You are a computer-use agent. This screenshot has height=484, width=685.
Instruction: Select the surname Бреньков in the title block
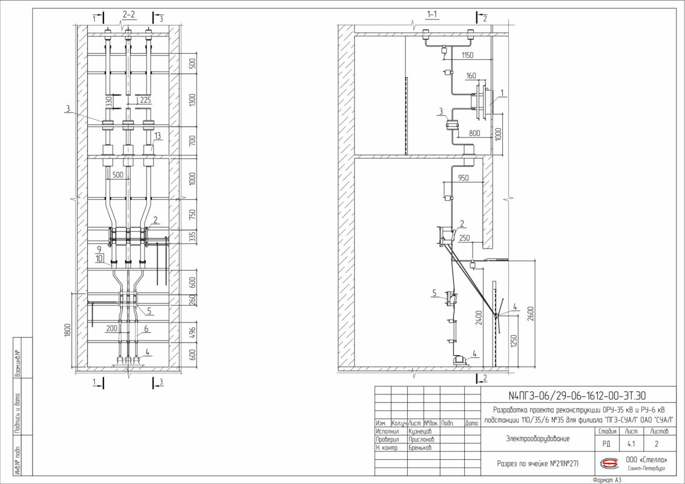[422, 448]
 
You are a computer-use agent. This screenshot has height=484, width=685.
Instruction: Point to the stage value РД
[606, 443]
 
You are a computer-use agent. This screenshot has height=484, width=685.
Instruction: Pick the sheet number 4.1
[631, 443]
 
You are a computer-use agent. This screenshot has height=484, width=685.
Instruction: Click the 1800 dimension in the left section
[68, 330]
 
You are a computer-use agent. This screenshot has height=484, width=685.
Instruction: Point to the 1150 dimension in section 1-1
[467, 55]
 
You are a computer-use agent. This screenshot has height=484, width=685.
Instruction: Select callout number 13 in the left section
[157, 136]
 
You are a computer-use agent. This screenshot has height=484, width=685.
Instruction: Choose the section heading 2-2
[129, 13]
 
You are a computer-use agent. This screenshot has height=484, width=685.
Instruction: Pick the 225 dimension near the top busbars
[145, 101]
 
